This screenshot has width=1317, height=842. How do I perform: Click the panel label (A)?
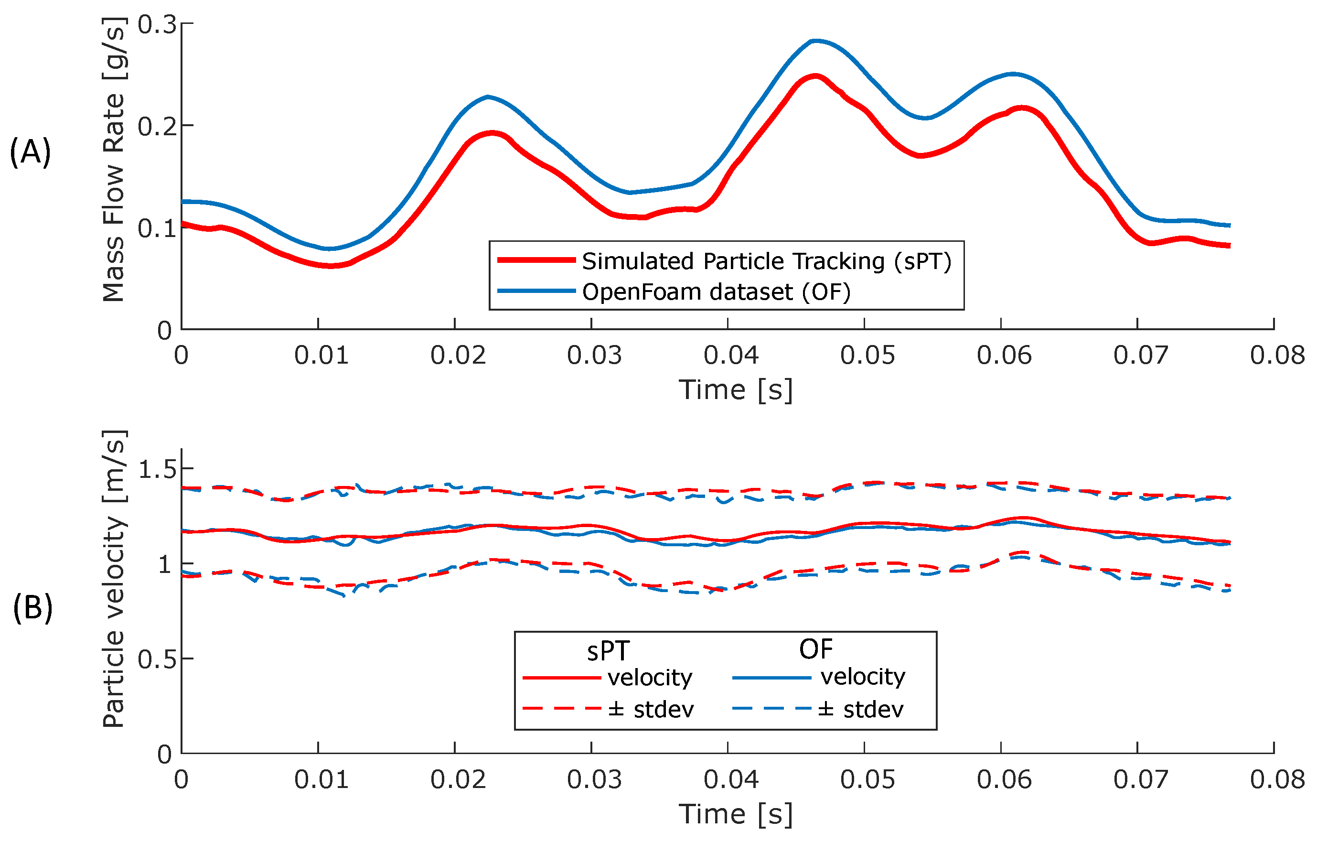[x=30, y=152]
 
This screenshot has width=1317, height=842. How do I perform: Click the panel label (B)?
[x=33, y=608]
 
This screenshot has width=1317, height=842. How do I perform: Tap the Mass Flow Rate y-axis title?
[x=114, y=160]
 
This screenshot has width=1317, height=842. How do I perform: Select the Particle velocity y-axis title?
[x=114, y=579]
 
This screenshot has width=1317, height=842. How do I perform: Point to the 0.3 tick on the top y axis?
[x=157, y=25]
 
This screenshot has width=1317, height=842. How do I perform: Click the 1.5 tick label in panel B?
[x=157, y=469]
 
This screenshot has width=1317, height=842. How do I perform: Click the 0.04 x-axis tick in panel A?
[x=731, y=356]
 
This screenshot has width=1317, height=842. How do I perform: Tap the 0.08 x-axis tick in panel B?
[x=1277, y=779]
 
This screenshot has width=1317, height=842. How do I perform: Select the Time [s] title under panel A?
[x=736, y=390]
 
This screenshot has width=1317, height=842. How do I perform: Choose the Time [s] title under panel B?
[x=736, y=814]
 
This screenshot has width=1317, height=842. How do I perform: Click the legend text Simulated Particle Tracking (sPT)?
[x=766, y=261]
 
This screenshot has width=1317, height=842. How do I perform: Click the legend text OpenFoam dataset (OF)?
[x=716, y=291]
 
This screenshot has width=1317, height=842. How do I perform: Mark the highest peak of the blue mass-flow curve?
[x=815, y=41]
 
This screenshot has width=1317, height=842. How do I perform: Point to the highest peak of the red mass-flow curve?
[x=815, y=76]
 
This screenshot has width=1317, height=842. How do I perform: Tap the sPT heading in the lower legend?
[x=608, y=651]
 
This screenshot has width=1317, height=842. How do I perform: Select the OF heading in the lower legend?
[x=815, y=649]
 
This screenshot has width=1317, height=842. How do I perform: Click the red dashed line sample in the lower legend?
[x=562, y=709]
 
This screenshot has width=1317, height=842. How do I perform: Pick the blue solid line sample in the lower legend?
[x=771, y=678]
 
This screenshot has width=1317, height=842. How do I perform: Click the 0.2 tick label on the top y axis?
[x=157, y=126]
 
